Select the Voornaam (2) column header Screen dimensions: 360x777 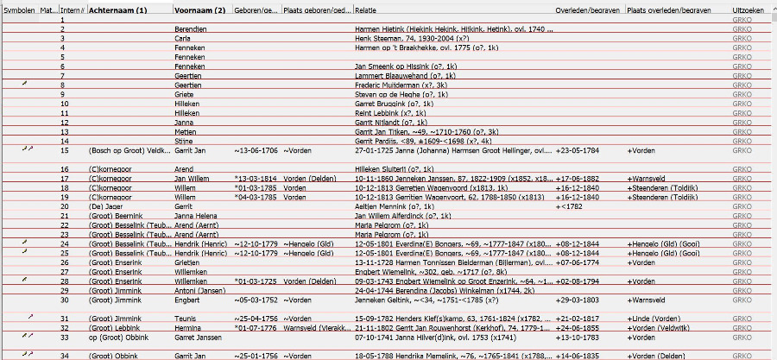coord(199,9)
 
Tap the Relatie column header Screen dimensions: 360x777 coord(365,9)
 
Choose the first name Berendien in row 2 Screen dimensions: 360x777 coord(190,29)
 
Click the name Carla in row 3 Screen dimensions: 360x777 coord(182,39)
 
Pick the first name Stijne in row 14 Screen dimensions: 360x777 coord(183,141)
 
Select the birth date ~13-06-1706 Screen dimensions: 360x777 coord(256,150)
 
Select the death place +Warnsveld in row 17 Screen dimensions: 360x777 coord(648,178)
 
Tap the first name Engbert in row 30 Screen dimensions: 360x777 coord(186,300)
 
